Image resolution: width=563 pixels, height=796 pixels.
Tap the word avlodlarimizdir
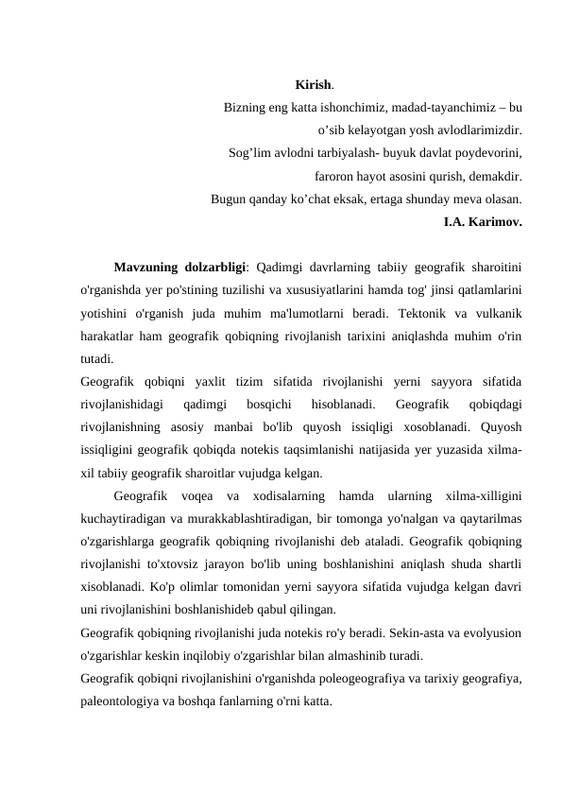pos(479,131)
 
